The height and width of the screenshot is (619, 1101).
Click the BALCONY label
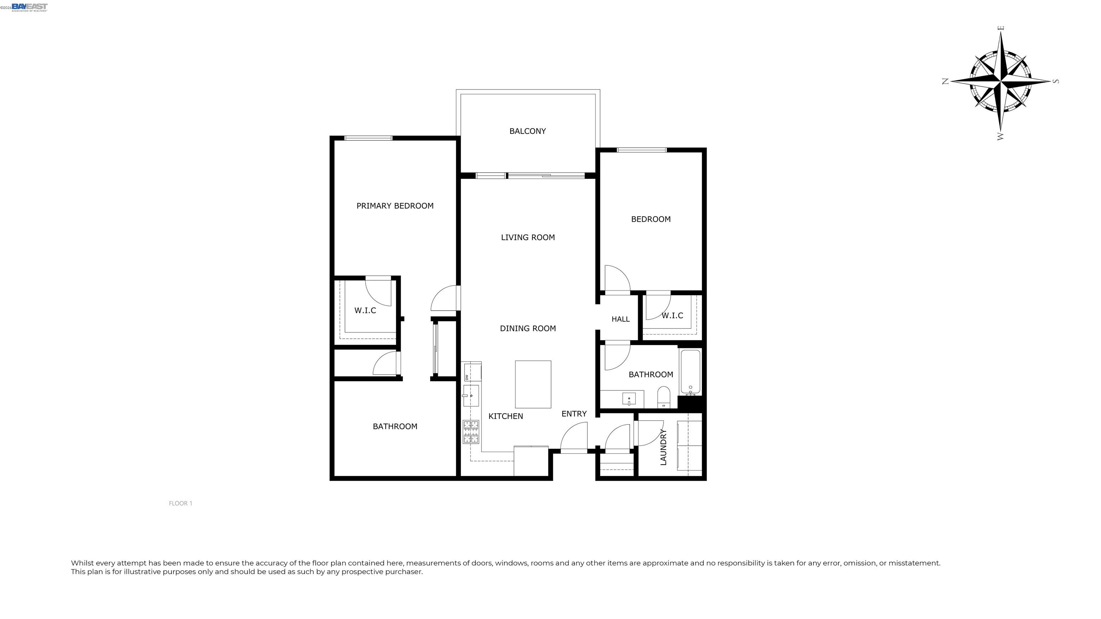(528, 131)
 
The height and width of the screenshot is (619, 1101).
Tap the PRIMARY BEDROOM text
(395, 206)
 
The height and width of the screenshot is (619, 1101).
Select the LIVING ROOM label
(528, 237)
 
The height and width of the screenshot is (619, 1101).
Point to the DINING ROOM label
(528, 328)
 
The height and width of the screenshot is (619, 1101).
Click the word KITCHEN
(506, 416)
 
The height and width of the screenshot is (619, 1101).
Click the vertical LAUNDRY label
(663, 447)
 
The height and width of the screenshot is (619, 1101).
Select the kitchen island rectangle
(533, 384)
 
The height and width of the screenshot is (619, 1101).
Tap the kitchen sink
(471, 395)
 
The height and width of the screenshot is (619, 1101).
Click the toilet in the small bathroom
(664, 397)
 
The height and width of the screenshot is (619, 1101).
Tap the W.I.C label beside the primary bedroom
(365, 311)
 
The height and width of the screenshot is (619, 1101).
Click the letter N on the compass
(945, 81)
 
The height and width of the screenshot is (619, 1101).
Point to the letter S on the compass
(1056, 81)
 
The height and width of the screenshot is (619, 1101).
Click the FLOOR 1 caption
(180, 503)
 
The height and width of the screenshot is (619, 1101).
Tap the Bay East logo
(29, 7)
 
